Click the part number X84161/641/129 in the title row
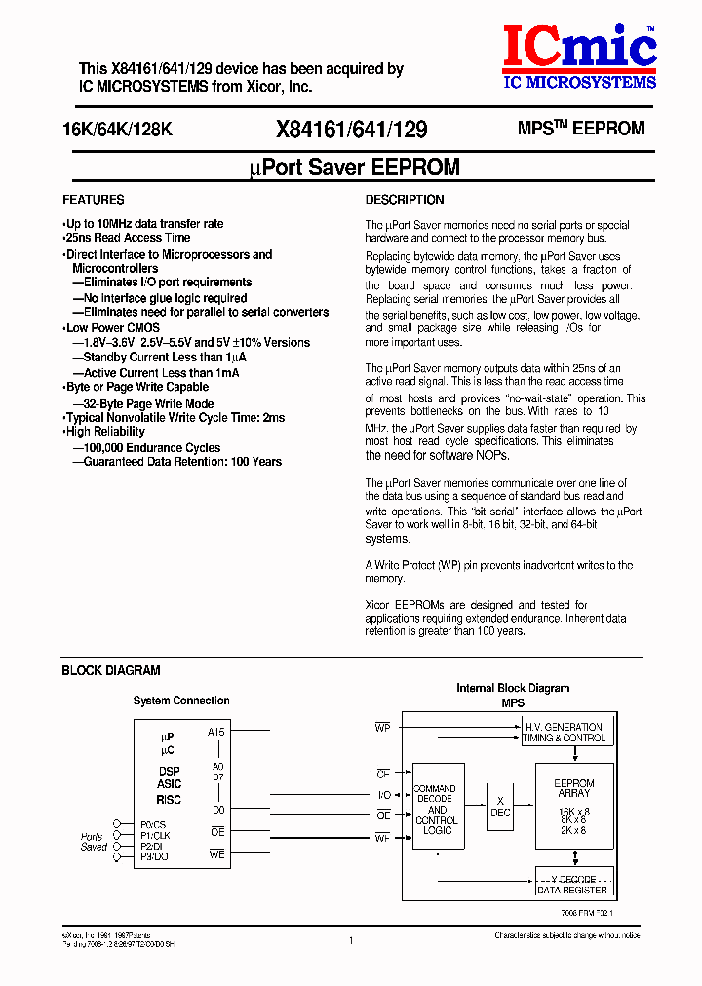(351, 130)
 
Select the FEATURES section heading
(93, 200)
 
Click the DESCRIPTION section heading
(404, 200)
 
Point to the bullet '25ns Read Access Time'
(127, 238)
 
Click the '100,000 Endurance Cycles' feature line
(146, 448)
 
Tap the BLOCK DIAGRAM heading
(110, 670)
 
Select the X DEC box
(500, 806)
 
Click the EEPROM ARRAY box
(573, 807)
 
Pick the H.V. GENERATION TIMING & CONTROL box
(565, 733)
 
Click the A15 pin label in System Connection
(215, 732)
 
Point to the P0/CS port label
(154, 823)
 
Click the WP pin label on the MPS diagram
(382, 727)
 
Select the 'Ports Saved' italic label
(94, 842)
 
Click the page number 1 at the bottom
(350, 941)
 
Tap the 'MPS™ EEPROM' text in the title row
(580, 129)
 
